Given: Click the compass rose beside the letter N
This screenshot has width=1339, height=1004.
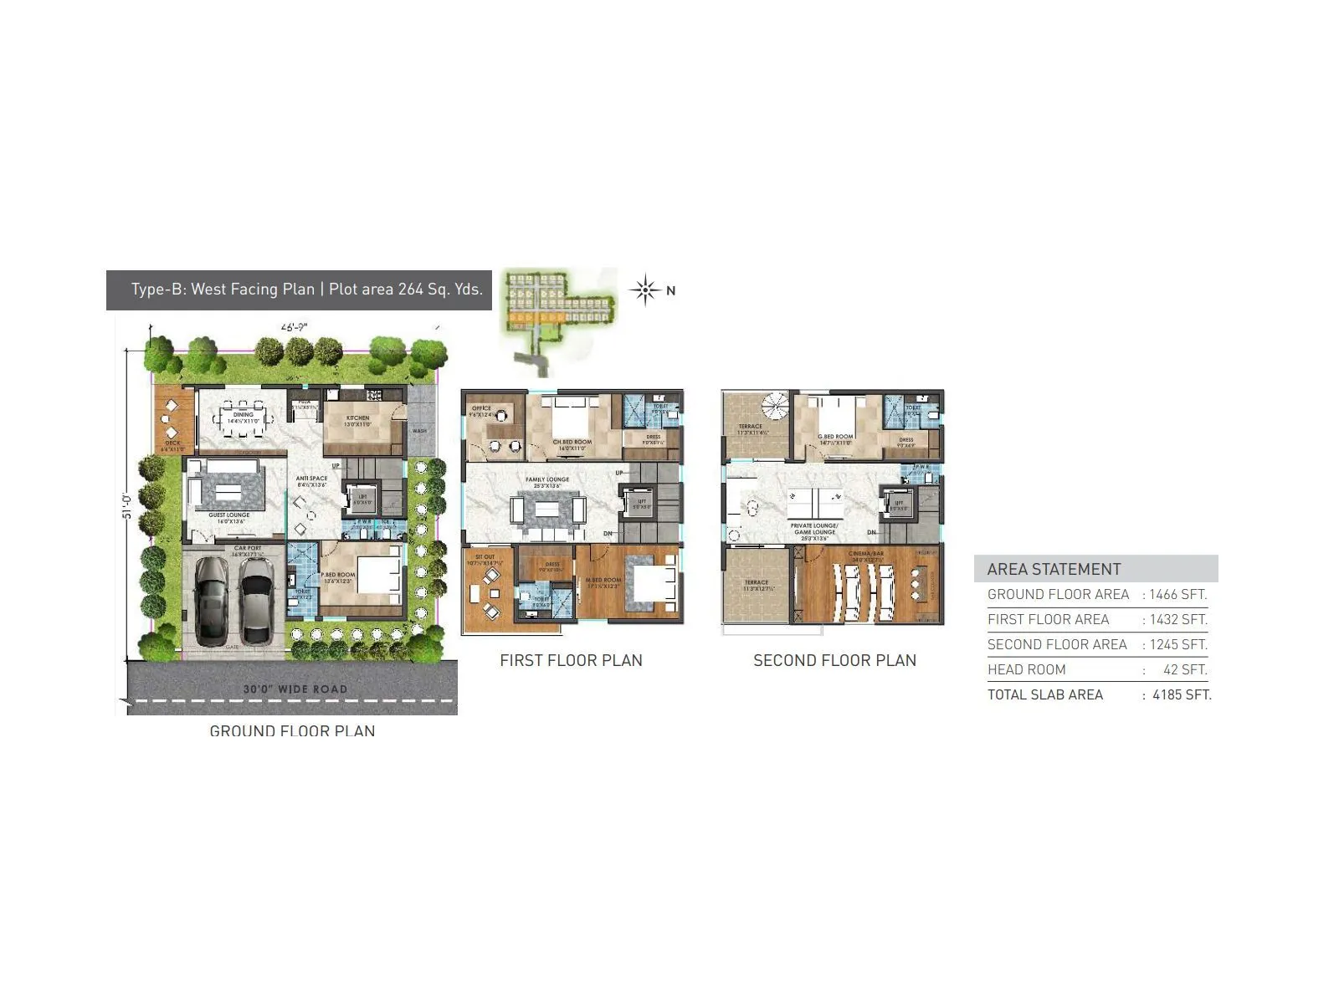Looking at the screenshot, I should click(644, 290).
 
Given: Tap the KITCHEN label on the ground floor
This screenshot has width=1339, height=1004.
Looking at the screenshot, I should click(357, 418).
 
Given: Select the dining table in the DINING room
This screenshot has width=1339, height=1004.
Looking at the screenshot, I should click(243, 415).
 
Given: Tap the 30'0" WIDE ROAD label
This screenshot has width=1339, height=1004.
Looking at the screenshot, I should click(295, 689).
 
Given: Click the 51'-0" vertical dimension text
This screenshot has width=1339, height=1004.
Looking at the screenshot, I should click(127, 505).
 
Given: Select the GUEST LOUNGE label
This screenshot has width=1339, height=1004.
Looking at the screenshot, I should click(229, 516).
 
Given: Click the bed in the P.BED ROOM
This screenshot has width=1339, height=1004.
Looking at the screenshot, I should click(378, 576).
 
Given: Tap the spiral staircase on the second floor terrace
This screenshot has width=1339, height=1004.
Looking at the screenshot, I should click(774, 407).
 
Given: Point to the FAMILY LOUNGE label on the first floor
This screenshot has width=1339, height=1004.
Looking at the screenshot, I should click(547, 480).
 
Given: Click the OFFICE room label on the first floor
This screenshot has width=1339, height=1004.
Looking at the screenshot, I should click(481, 408).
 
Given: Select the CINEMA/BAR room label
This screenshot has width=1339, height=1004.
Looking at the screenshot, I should click(866, 554).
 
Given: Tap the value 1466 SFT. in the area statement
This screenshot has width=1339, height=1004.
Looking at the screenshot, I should click(1177, 595).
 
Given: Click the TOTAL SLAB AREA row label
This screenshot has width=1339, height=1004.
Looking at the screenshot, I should click(1045, 694).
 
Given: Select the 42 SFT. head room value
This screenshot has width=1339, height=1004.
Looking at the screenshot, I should click(1185, 669).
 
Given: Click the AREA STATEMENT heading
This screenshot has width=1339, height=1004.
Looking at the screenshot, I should click(1054, 569).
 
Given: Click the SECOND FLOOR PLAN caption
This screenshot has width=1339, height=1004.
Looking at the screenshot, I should click(834, 660).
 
